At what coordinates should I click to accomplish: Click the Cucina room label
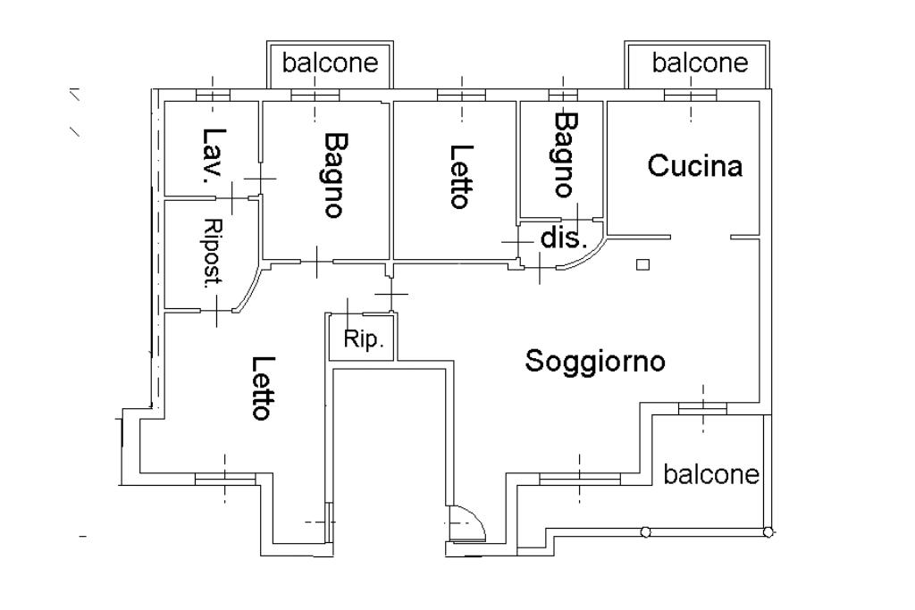point(695,166)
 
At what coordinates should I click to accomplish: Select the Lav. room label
point(212,155)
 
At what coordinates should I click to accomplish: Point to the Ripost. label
point(212,254)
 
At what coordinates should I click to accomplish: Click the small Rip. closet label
point(363,340)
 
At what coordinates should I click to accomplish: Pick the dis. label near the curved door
point(564,239)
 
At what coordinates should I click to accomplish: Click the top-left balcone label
point(330,63)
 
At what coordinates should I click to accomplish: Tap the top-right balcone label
point(699,63)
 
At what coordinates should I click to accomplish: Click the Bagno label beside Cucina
point(564,154)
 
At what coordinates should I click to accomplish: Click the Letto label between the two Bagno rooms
point(459,176)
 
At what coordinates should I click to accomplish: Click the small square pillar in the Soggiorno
point(642,264)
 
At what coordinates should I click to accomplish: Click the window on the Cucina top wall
point(691,94)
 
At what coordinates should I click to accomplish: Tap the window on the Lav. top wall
point(214,94)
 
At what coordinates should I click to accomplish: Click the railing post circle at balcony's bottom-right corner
point(768,532)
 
